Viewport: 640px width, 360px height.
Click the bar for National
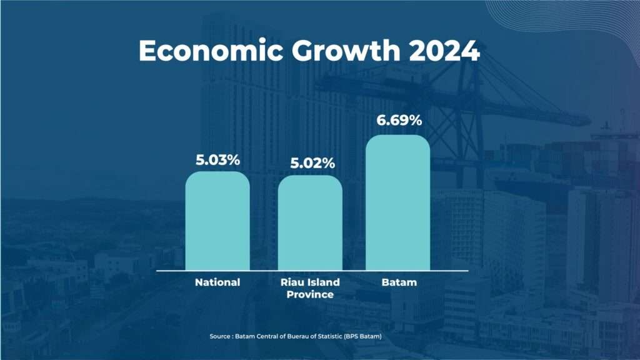(217, 221)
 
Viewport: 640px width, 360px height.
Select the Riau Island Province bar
(310, 223)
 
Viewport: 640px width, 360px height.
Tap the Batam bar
(398, 203)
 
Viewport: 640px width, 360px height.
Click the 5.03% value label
(217, 160)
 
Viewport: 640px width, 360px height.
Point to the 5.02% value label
(312, 163)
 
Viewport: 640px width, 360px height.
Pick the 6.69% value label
(399, 121)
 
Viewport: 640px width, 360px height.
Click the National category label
(217, 282)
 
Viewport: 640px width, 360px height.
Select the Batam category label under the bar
(399, 282)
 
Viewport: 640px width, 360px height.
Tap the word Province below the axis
(310, 294)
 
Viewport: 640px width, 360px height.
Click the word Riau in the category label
(290, 282)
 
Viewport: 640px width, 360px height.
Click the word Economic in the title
(211, 51)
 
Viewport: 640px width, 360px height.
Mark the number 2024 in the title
(444, 51)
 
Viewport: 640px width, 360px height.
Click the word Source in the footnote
(220, 336)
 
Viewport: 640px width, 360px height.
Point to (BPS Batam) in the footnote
(362, 336)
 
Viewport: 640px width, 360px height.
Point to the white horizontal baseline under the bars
(312, 271)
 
